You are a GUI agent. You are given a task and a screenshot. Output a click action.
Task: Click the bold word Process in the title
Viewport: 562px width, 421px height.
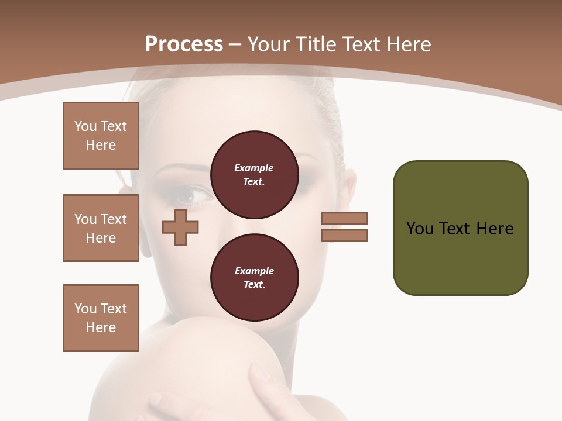(x=184, y=44)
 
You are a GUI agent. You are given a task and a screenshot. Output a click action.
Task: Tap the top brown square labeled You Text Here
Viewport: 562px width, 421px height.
(x=101, y=136)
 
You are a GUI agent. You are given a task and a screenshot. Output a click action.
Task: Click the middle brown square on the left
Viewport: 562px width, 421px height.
(x=101, y=228)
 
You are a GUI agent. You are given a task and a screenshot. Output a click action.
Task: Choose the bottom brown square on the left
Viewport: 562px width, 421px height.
(x=101, y=318)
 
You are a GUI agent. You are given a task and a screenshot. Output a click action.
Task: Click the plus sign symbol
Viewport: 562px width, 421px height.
(x=180, y=227)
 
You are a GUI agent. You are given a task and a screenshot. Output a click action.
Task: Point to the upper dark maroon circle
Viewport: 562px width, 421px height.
(x=255, y=174)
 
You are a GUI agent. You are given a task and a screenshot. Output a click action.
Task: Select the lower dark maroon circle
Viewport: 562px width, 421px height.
(x=255, y=277)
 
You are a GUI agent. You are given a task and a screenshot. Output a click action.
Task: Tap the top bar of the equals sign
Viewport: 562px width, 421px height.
(x=344, y=218)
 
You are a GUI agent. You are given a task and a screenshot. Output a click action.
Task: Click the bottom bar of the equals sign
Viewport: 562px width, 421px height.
(x=344, y=235)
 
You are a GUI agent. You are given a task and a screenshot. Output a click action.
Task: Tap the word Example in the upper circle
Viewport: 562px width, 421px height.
(x=254, y=168)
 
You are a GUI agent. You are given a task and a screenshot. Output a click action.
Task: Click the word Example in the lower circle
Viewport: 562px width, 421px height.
(x=254, y=271)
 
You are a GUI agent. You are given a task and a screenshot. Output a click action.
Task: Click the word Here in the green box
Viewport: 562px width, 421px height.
(x=495, y=229)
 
